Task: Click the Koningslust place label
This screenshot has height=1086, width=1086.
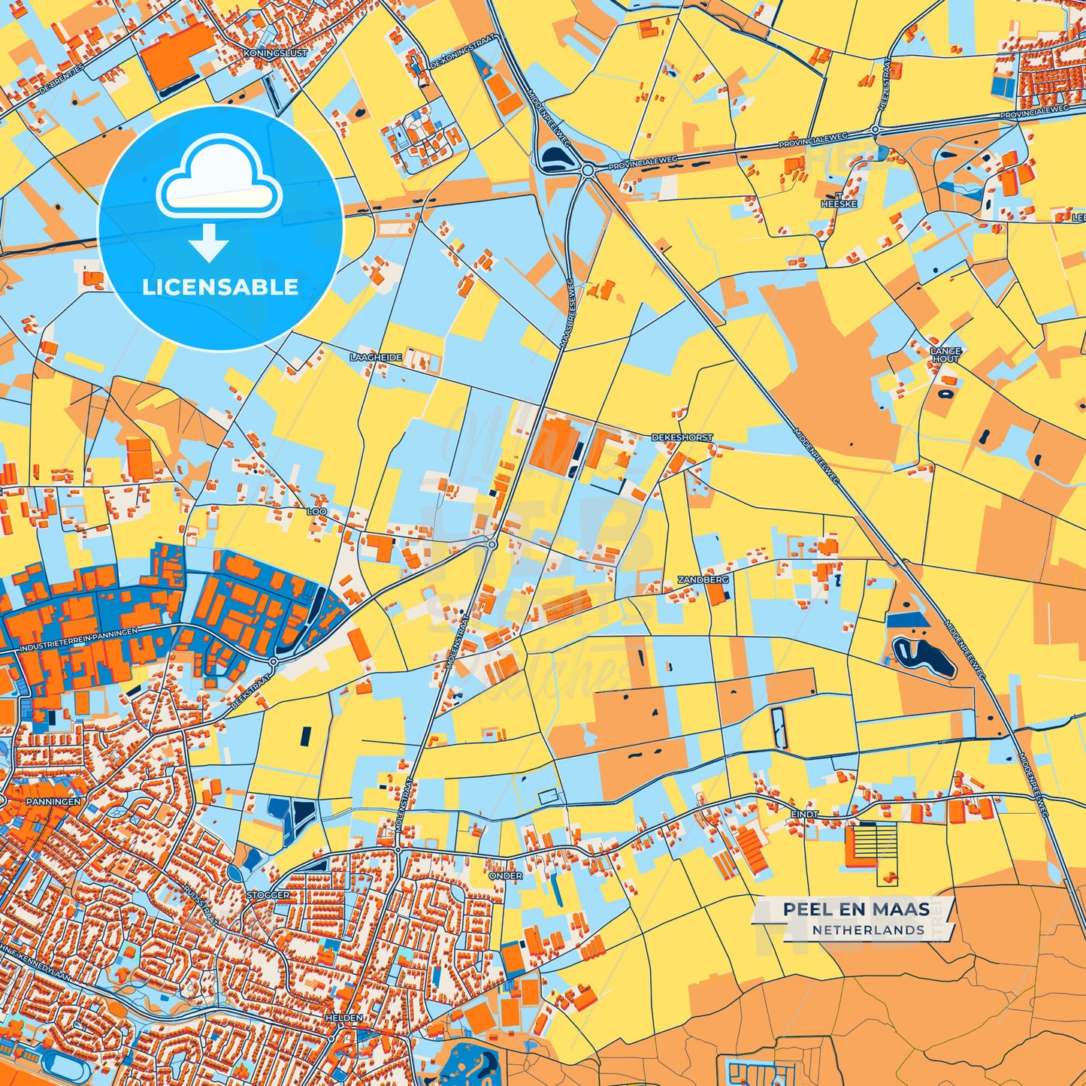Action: point(276,54)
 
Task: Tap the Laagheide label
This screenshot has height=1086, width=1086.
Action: point(376,357)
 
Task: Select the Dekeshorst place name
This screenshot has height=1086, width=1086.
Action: point(682,437)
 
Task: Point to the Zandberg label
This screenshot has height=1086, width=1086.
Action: point(703,580)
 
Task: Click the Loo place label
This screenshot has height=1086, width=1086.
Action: point(316,511)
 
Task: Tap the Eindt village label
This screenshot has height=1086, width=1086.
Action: point(804,814)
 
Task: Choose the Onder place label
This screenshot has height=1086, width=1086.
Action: point(505,876)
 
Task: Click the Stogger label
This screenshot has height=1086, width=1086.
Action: point(268,895)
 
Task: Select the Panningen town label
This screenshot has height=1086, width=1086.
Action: point(53,802)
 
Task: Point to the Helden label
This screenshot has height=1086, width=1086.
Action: point(343,1018)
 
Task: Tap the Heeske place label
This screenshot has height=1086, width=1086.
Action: point(839,204)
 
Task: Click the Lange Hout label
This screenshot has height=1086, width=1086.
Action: point(945,355)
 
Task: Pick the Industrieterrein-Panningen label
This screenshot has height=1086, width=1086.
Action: point(79,640)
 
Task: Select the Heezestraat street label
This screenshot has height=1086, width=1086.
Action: point(884,84)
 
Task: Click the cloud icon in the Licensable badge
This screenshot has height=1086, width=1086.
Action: point(219,177)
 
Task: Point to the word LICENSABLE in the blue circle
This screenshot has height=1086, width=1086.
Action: point(220,287)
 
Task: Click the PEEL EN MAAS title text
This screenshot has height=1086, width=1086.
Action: point(856,909)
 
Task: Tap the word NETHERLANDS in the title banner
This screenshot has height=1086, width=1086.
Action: point(868,930)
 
